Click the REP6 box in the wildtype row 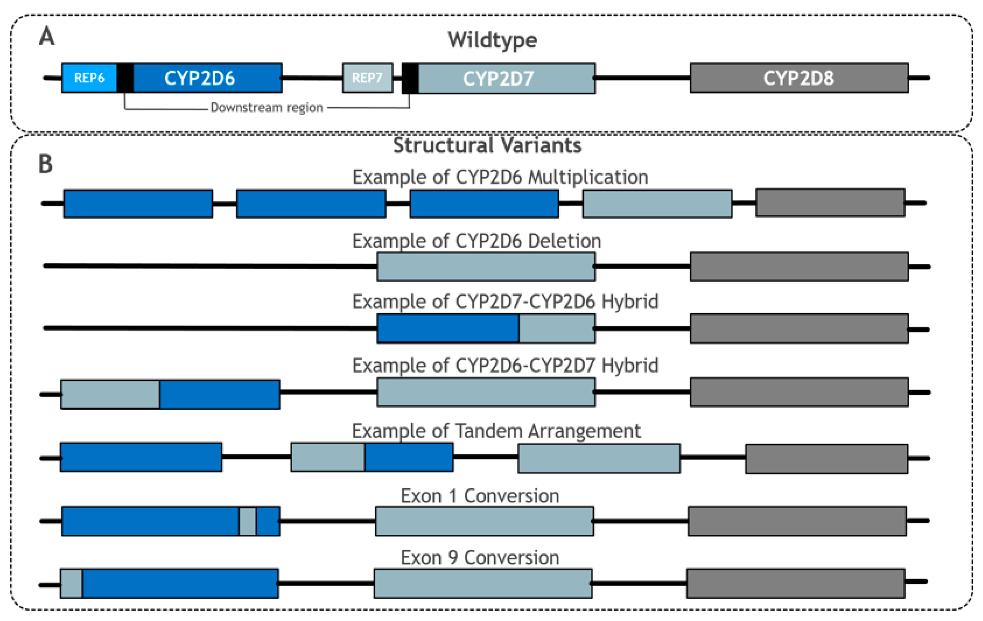(89, 78)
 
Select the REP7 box (367, 78)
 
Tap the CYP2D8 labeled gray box (799, 78)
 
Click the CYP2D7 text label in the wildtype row (498, 78)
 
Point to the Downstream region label (267, 108)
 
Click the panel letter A (47, 37)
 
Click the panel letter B (45, 164)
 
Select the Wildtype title (492, 40)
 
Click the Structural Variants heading (487, 146)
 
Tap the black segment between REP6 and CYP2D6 (125, 78)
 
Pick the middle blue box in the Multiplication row (311, 203)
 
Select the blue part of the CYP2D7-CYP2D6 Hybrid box (448, 328)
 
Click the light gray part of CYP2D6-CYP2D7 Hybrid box (110, 394)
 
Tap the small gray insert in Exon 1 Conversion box (247, 521)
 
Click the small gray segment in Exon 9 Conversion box (71, 583)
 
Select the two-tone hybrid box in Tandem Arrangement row (372, 457)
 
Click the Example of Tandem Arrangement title (496, 431)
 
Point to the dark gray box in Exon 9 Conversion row (795, 583)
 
